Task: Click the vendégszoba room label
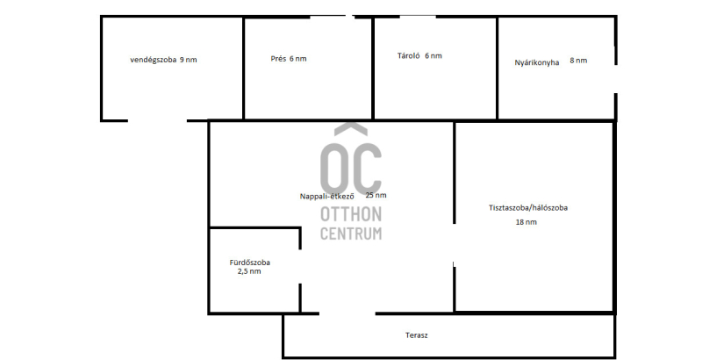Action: [x=153, y=60]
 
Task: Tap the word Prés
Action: [x=278, y=59]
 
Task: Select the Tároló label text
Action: [x=408, y=56]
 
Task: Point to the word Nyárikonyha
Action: [x=537, y=62]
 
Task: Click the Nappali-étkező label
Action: [x=326, y=197]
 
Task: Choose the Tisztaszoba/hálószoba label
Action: [x=528, y=208]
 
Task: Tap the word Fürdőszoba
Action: [x=249, y=263]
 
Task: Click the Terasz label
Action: [x=416, y=335]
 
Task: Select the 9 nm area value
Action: [x=189, y=60]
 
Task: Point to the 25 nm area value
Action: [x=376, y=195]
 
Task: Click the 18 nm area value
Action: [x=526, y=222]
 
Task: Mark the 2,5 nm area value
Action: [x=249, y=271]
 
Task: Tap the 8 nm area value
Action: [x=578, y=61]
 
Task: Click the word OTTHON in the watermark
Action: [x=351, y=214]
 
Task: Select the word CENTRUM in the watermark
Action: [x=351, y=234]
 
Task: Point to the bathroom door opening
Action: [x=300, y=266]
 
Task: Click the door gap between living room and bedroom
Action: [x=455, y=244]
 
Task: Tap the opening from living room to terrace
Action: [x=347, y=313]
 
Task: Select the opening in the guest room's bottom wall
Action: [x=157, y=120]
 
